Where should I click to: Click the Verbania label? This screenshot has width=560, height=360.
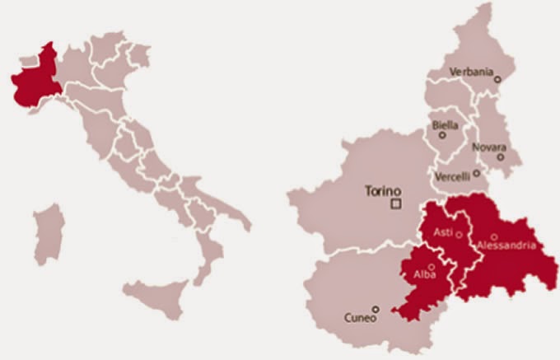(x=470, y=72)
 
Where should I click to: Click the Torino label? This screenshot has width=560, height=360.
(x=382, y=189)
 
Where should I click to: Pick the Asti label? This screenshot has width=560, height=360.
(x=443, y=231)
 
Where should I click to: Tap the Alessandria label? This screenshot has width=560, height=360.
(x=506, y=245)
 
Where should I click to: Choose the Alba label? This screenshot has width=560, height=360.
(x=425, y=275)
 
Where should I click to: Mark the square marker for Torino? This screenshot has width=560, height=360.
(x=396, y=202)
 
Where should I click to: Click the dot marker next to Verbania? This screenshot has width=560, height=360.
(x=497, y=78)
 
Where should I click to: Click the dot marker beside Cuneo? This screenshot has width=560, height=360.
(x=376, y=310)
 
